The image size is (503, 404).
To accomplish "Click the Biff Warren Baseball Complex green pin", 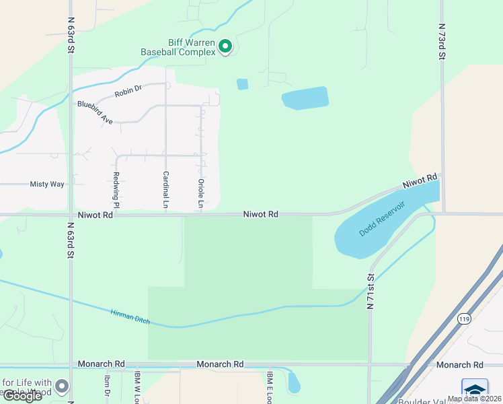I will click(226, 46).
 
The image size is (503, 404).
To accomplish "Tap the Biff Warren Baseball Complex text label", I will click(178, 47).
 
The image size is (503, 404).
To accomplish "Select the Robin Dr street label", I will click(128, 90).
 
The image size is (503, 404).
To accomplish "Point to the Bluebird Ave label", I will click(95, 112).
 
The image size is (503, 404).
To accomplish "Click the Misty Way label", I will click(47, 184).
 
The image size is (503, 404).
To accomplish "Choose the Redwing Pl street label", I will click(116, 190).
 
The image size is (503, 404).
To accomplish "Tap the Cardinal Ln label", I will click(165, 189).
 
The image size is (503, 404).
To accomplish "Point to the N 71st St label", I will click(370, 291).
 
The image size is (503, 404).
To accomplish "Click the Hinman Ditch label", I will click(130, 315).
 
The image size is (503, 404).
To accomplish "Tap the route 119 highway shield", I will click(463, 318).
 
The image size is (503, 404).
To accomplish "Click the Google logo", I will click(22, 396).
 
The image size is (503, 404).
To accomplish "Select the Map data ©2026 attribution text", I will click(474, 399).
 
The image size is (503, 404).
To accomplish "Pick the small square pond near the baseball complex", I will click(242, 84).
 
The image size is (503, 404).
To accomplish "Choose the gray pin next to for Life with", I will click(62, 386).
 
